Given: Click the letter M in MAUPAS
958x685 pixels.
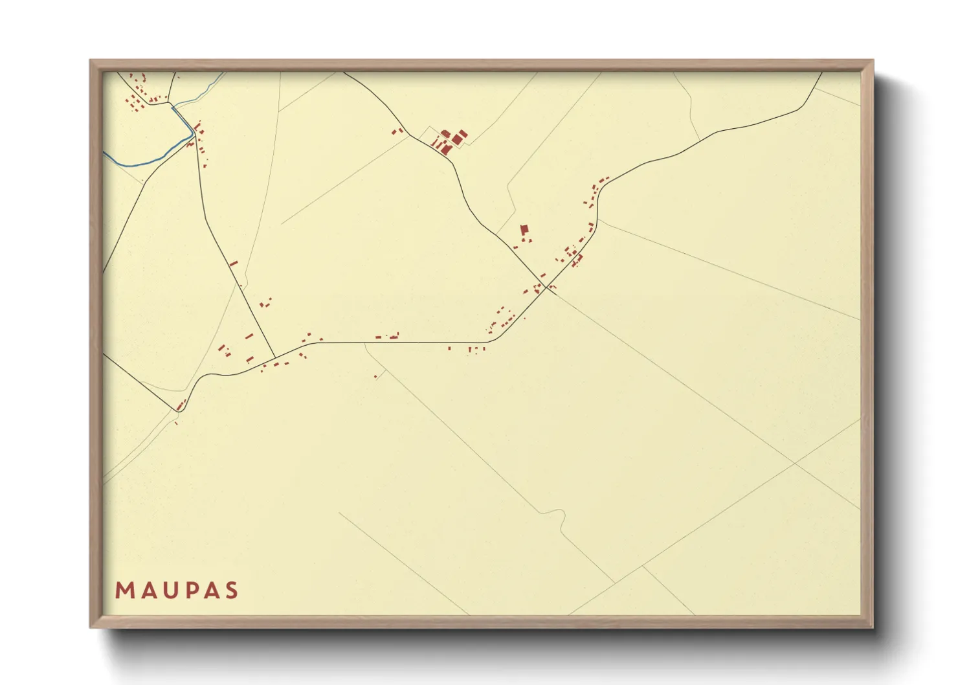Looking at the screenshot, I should coord(123,590).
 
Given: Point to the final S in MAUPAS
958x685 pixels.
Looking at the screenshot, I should coord(231,590).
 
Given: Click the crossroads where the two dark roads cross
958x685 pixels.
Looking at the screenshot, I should coord(548,287).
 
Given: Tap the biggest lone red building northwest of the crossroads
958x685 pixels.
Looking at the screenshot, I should coord(524,229).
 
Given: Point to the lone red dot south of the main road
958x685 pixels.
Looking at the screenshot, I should coord(375,376).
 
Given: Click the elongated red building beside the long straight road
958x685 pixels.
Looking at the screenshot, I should coord(234,264).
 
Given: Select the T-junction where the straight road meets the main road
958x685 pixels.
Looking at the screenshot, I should coord(275,357).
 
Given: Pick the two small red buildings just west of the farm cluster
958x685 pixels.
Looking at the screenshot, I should coord(397,131).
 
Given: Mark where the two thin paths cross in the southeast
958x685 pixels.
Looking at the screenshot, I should coord(794,463).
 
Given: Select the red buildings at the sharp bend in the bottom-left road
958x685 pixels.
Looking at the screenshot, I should coord(181,405).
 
